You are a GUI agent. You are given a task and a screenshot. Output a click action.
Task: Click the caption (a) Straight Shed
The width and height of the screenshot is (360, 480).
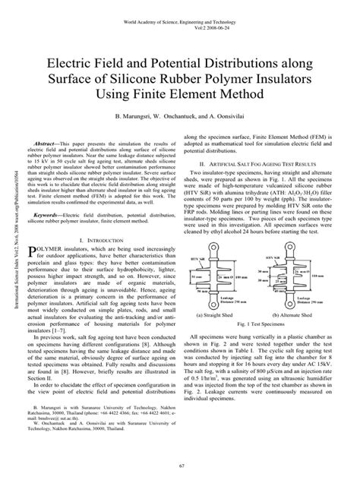pos(224,315)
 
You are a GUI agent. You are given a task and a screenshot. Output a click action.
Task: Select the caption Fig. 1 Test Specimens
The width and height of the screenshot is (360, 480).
pos(262,324)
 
